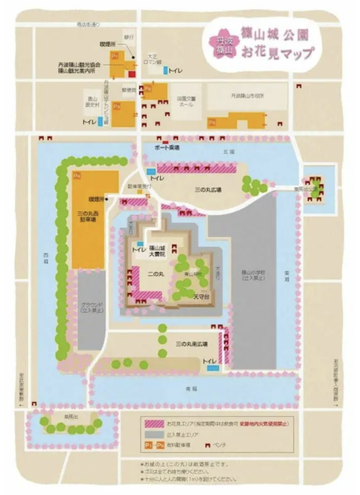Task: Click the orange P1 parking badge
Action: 114,56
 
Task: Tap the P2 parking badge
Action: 148,88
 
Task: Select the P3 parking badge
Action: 116,106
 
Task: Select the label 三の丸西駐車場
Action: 88,216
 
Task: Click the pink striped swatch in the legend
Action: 158,423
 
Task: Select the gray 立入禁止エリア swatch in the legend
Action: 158,434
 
